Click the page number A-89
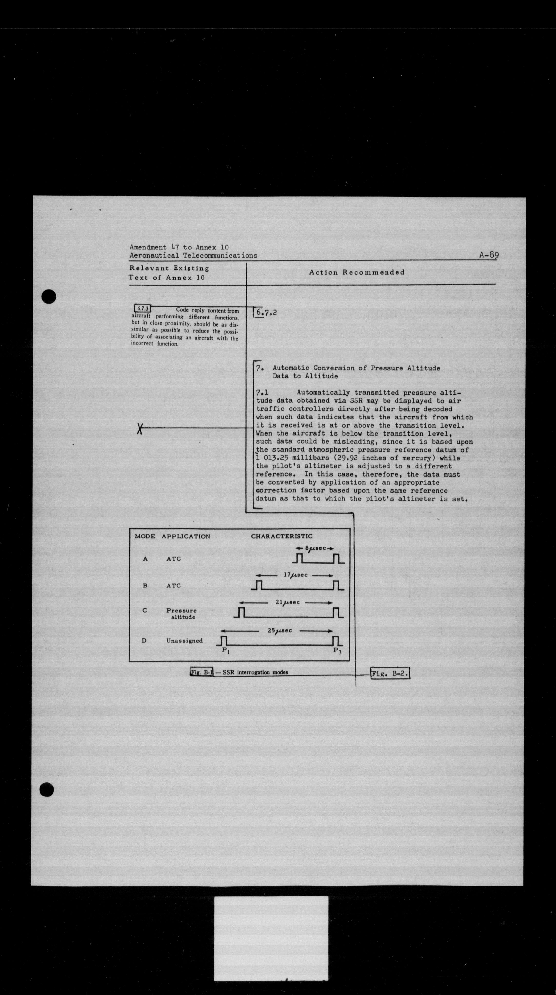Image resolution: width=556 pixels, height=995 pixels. pos(489,255)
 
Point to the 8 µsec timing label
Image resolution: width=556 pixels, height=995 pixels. pos(316,548)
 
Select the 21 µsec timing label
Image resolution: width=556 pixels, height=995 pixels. pos(288,602)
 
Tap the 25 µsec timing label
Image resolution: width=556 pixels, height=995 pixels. pos(280,630)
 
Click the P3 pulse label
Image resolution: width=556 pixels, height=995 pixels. pos(337,650)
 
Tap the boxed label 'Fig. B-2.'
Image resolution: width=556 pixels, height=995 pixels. pos(390,674)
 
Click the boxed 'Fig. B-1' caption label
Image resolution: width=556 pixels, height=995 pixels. pos(201,672)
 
